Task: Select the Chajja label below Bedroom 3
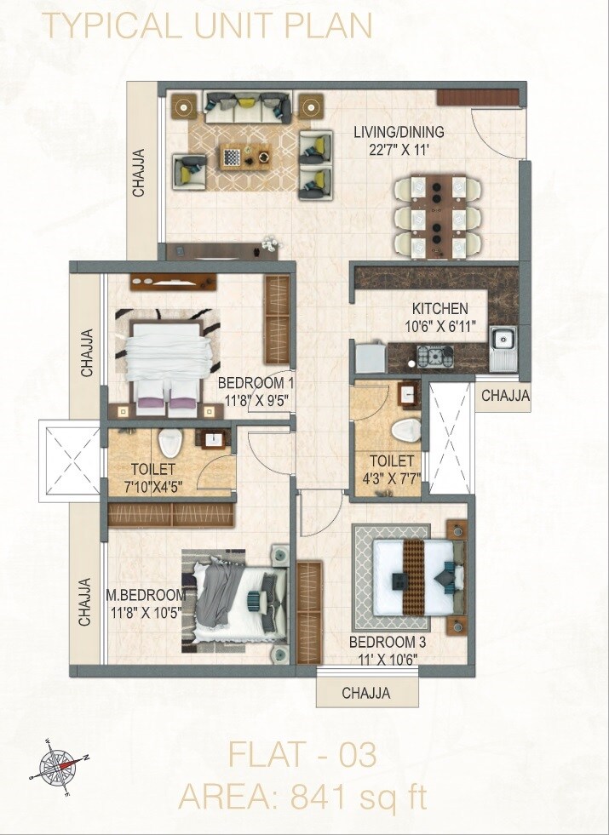[366, 694]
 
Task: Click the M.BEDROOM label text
[146, 594]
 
